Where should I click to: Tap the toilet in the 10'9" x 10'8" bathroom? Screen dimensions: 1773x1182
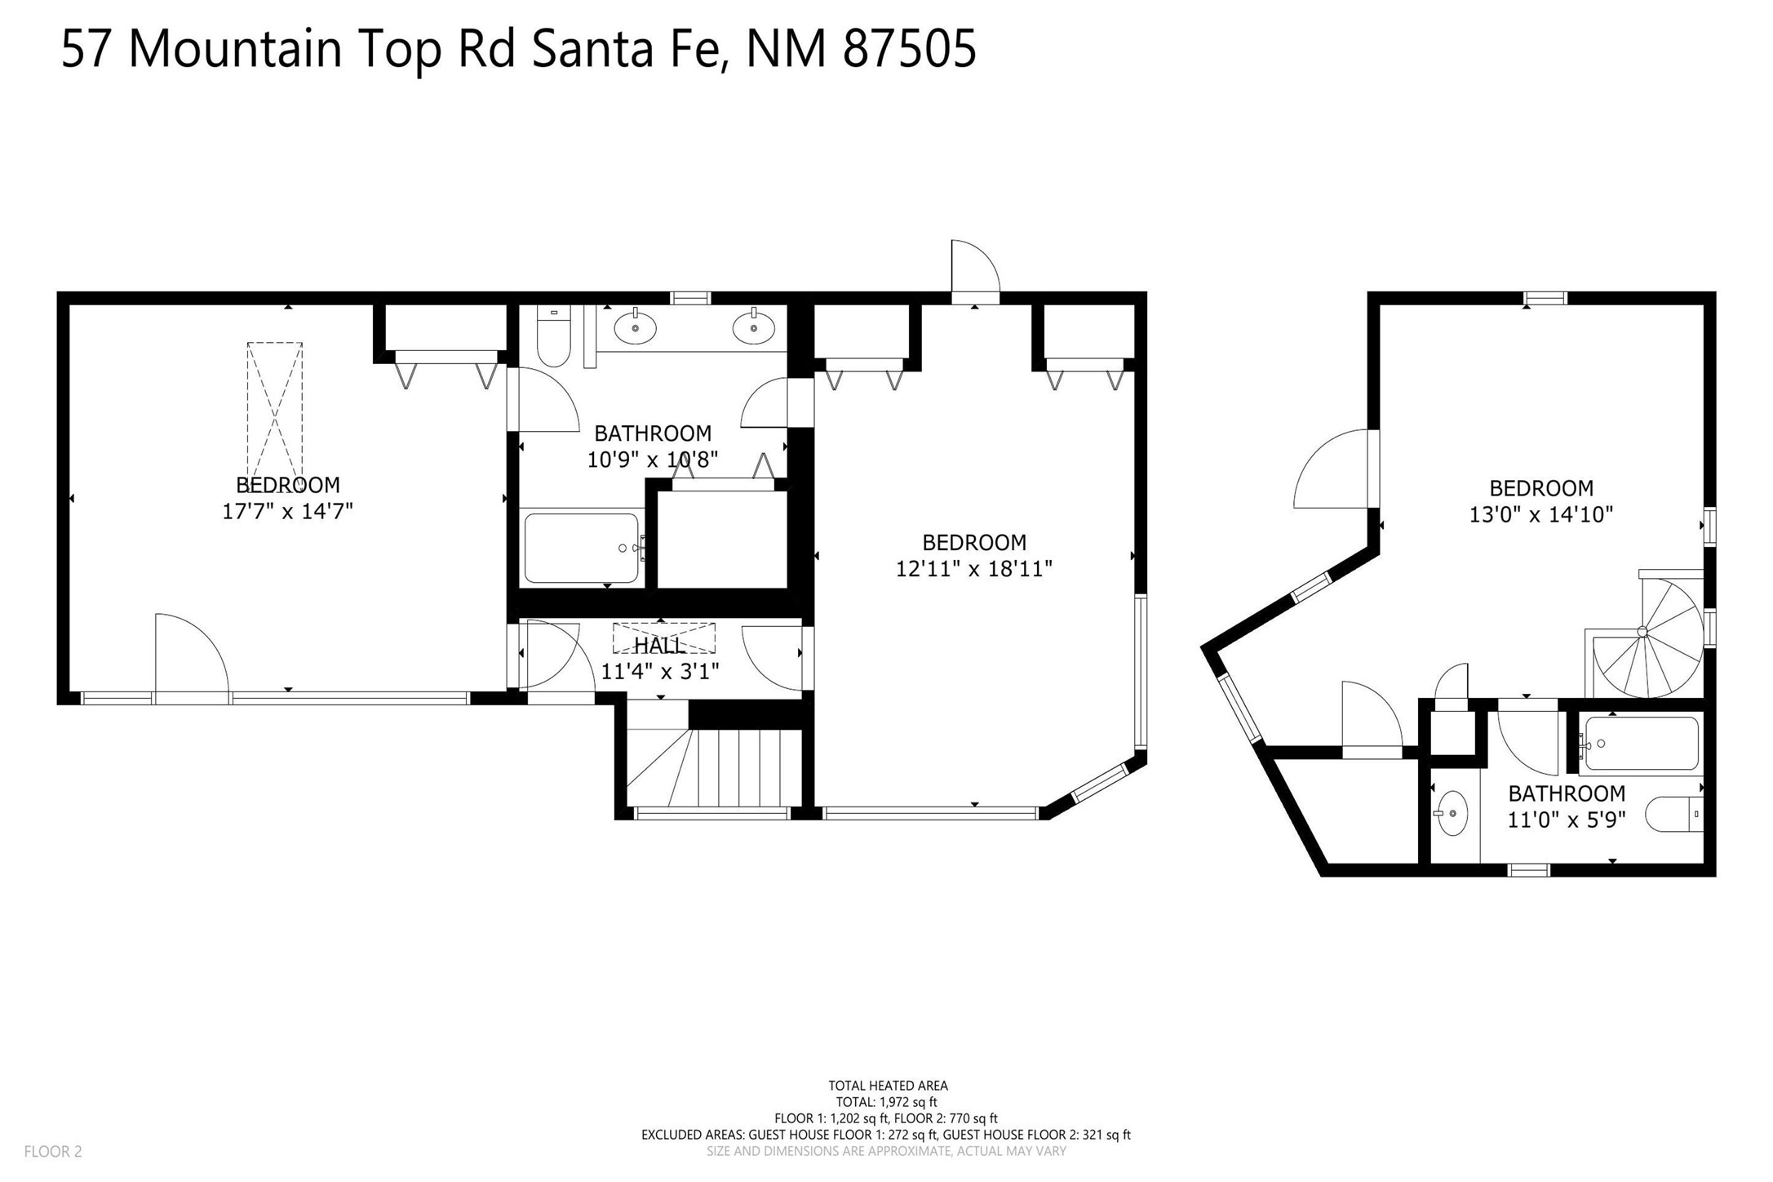pos(553,336)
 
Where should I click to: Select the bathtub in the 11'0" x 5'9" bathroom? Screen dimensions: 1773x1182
pos(1640,743)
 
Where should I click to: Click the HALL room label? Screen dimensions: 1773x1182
pos(659,646)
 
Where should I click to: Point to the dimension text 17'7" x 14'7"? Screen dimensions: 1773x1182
pos(287,511)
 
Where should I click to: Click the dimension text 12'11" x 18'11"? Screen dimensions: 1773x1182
pos(974,568)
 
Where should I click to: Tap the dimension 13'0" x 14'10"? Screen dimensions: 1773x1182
pos(1541,514)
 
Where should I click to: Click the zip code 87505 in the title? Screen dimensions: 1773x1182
pos(909,49)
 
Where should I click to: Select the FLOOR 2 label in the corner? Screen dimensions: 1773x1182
pos(53,1152)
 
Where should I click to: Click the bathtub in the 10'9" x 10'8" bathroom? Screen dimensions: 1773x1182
pos(583,548)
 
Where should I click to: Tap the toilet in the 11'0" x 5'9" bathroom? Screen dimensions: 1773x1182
pos(1673,815)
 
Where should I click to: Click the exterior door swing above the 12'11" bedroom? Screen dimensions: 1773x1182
pos(975,272)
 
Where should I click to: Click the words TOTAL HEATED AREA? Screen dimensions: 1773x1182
pos(888,1086)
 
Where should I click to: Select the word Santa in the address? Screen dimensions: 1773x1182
pos(592,49)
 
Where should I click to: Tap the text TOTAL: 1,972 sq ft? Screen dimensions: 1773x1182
pos(887,1102)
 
